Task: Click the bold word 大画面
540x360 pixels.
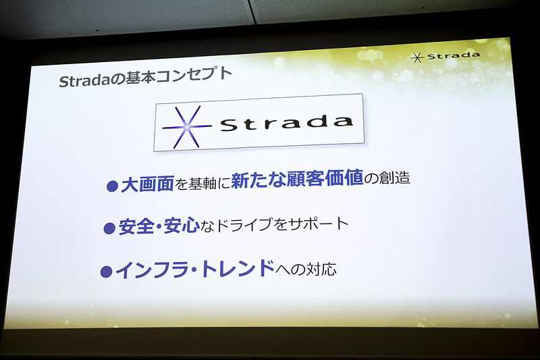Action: coord(147,184)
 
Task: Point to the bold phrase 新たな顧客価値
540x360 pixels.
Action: coord(296,181)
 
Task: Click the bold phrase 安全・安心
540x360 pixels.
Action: coord(158,227)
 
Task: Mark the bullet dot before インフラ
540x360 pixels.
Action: coord(105,272)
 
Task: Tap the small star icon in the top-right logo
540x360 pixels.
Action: coord(418,57)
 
